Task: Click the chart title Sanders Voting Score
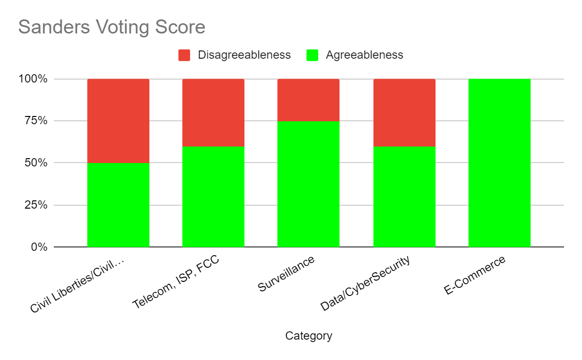[x=112, y=27]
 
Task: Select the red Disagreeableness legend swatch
[x=184, y=55]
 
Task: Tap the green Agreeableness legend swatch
[x=312, y=55]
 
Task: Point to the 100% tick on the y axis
[x=33, y=79]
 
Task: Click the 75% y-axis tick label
[x=36, y=121]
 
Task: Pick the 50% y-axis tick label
[x=36, y=163]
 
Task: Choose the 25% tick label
[x=36, y=205]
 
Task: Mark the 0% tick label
[x=39, y=247]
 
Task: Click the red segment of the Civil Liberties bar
[x=118, y=121]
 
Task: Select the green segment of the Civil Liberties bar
[x=118, y=205]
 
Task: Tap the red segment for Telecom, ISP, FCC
[x=213, y=113]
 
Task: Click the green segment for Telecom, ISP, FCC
[x=213, y=197]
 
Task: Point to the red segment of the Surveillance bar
[x=308, y=100]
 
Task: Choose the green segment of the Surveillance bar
[x=308, y=184]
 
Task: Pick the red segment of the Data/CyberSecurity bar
[x=404, y=113]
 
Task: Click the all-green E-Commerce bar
[x=500, y=163]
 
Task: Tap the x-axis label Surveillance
[x=286, y=274]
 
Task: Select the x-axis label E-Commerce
[x=474, y=275]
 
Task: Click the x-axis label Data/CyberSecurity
[x=365, y=283]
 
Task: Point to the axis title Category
[x=308, y=336]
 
